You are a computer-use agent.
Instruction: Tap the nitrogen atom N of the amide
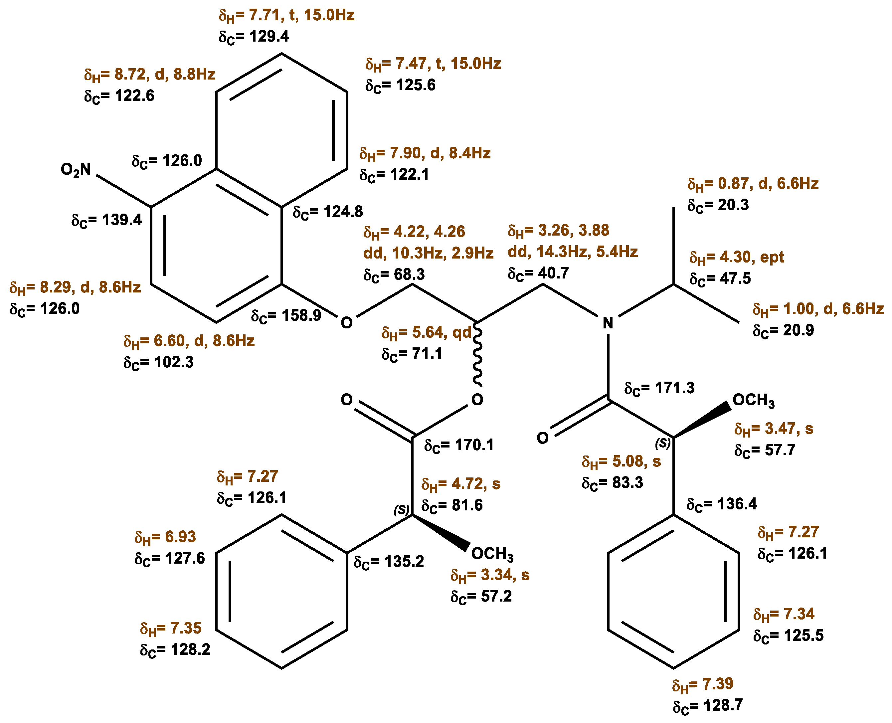click(608, 323)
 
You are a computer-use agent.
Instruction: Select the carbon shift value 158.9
click(286, 316)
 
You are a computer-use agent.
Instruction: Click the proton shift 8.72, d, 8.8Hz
click(149, 75)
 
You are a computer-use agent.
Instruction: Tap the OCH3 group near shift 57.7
click(753, 400)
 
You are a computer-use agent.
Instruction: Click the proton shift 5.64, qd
click(427, 332)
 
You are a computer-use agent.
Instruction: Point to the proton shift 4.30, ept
click(736, 258)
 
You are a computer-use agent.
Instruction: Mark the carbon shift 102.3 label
click(158, 362)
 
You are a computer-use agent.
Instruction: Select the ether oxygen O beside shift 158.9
click(346, 323)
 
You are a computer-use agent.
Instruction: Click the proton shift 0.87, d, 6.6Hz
click(753, 184)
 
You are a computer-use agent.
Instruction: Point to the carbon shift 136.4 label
click(722, 504)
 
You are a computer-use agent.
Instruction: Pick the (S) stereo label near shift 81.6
click(402, 510)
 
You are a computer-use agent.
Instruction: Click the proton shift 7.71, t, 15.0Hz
click(286, 15)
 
